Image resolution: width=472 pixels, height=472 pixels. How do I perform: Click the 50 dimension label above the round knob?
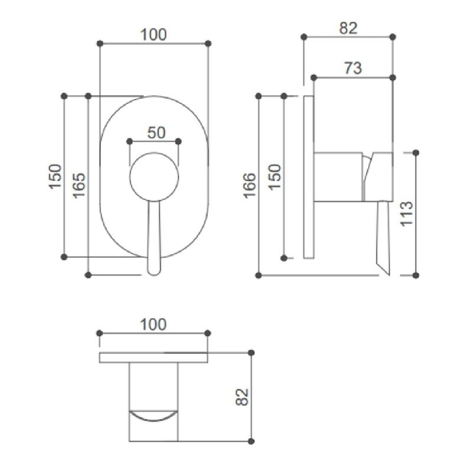pyautogui.click(x=156, y=132)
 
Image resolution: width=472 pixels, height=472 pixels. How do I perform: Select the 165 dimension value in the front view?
pyautogui.click(x=80, y=185)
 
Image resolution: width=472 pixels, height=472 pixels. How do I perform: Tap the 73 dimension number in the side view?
pyautogui.click(x=353, y=68)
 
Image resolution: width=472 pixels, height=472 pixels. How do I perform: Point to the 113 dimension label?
pyautogui.click(x=407, y=214)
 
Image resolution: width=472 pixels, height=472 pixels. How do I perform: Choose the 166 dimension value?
pyautogui.click(x=250, y=186)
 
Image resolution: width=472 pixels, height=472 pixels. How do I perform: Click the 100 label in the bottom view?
pyautogui.click(x=153, y=324)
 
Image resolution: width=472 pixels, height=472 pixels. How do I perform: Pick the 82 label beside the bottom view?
pyautogui.click(x=242, y=397)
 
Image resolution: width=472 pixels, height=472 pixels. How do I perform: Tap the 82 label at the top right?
pyautogui.click(x=348, y=28)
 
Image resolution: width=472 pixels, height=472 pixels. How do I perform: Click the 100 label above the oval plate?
pyautogui.click(x=153, y=35)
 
